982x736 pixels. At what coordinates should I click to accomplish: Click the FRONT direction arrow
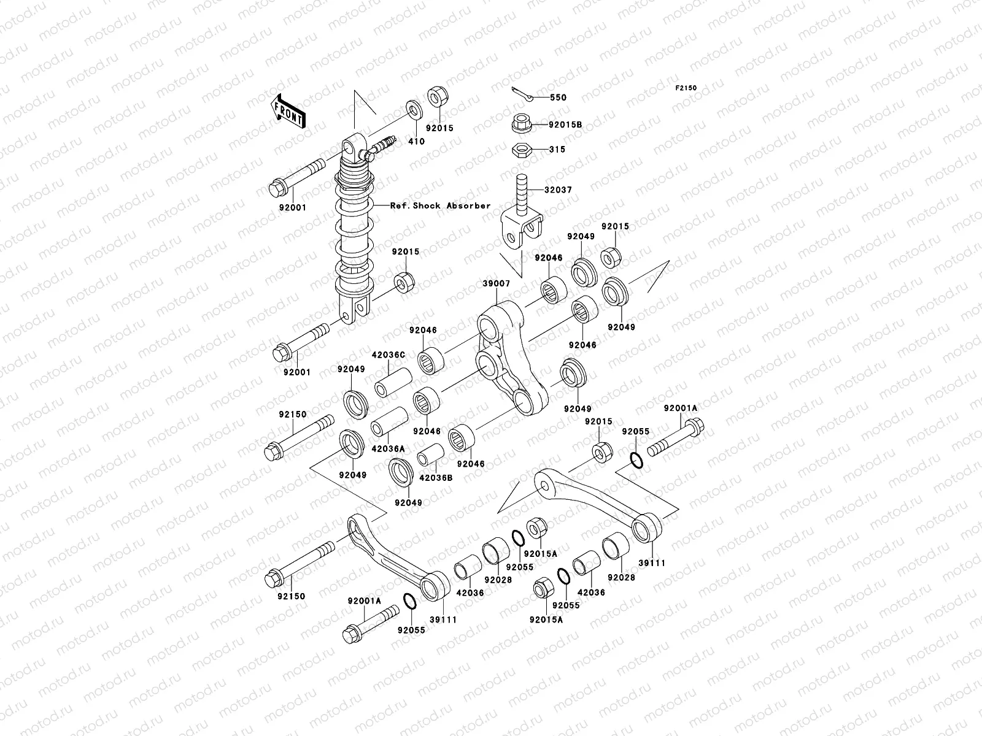coord(289,111)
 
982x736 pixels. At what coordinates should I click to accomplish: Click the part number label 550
coord(558,98)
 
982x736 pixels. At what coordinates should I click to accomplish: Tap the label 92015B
coord(565,125)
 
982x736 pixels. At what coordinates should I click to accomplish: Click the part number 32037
coord(558,190)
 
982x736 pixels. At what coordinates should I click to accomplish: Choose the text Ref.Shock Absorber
coord(440,205)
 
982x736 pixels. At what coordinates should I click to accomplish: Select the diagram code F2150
coord(687,88)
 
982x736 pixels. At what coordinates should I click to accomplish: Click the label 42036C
coord(388,355)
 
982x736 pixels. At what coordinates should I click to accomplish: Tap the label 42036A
coord(388,449)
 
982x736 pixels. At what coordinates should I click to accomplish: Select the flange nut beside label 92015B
coord(520,123)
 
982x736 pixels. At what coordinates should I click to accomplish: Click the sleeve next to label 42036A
coord(389,422)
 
